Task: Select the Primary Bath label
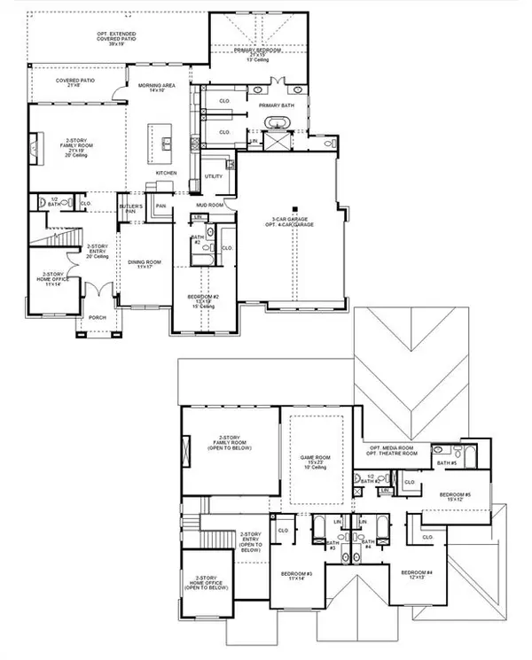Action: click(x=276, y=105)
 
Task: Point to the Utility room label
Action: click(x=214, y=176)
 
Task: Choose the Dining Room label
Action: click(x=144, y=264)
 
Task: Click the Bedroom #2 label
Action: click(x=203, y=299)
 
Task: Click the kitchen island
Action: click(x=167, y=141)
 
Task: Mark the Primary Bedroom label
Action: click(x=259, y=53)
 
